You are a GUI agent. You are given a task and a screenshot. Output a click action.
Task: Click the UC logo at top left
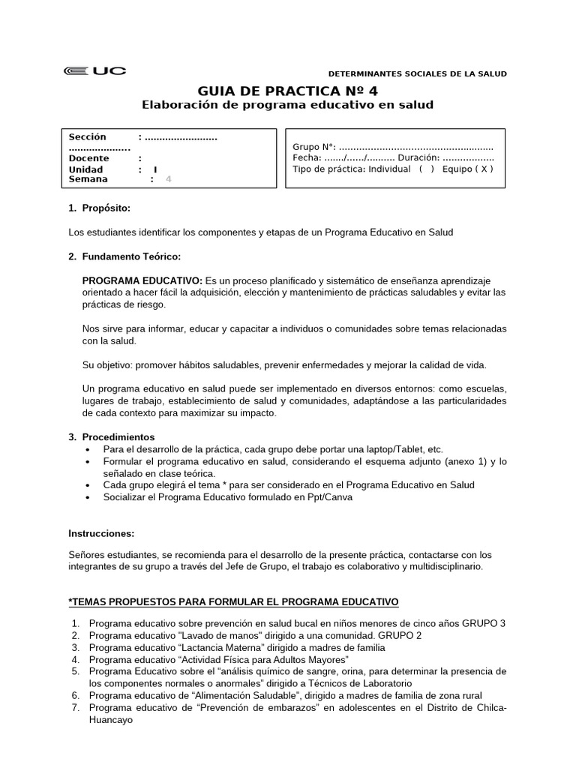coord(95,71)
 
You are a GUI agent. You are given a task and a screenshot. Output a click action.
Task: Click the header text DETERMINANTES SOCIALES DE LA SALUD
coord(418,73)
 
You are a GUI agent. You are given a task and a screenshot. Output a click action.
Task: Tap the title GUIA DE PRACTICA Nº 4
coord(288,90)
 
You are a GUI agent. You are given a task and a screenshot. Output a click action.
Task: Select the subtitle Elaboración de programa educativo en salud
coord(288,105)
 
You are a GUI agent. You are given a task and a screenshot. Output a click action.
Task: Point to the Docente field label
coord(89,158)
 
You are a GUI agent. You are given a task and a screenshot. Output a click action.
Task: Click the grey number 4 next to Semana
coord(168,179)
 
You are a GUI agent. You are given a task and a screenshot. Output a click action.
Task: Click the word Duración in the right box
coord(418,158)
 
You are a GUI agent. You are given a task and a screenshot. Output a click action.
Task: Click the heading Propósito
coord(109,208)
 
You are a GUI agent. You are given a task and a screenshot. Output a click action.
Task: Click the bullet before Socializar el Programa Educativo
coord(90,496)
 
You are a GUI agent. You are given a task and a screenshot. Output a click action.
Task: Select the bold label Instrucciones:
coord(101,533)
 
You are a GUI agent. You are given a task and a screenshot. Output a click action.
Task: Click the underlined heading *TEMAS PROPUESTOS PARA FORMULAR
coord(233,601)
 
